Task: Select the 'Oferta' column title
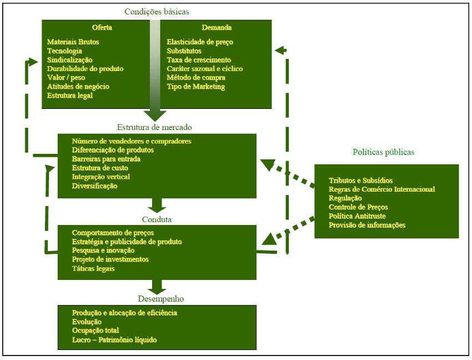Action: pos(102,28)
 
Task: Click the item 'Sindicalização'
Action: pos(70,60)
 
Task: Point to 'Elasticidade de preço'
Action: pos(200,42)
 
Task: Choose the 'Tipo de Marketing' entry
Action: pos(196,87)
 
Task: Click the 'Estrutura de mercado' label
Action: pos(154,127)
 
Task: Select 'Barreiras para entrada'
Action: pos(106,159)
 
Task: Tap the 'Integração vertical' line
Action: pos(101,177)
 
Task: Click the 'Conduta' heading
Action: pos(156,219)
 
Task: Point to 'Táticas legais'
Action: pos(93,268)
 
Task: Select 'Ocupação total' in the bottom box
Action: pos(96,331)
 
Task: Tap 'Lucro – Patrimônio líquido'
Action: pos(114,339)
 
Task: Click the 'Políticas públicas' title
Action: pos(383,152)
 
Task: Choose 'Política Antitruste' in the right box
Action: pos(357,216)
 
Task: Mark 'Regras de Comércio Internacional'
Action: pos(381,189)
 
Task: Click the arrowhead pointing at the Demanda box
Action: pos(279,50)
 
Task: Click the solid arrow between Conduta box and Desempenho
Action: pos(157,286)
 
